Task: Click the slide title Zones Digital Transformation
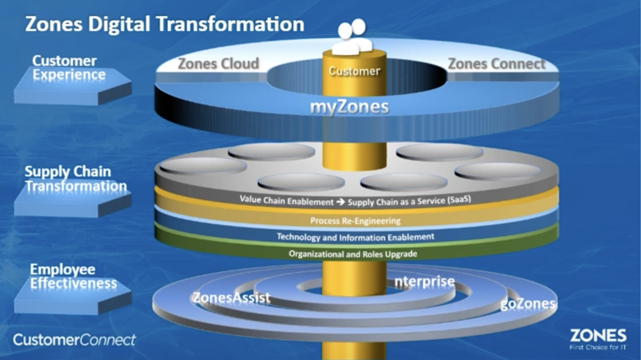(164, 24)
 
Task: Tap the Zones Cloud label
(218, 64)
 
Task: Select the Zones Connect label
(496, 64)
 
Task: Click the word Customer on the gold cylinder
(354, 71)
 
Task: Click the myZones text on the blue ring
(349, 107)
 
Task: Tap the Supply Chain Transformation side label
(75, 179)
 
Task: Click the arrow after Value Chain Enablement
(340, 202)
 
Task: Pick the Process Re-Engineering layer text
(355, 220)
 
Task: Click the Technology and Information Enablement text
(356, 237)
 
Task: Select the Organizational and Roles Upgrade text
(353, 254)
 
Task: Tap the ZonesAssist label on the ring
(231, 297)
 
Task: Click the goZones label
(528, 304)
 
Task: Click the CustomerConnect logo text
(74, 340)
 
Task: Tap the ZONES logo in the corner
(598, 335)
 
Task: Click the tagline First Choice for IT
(598, 347)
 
